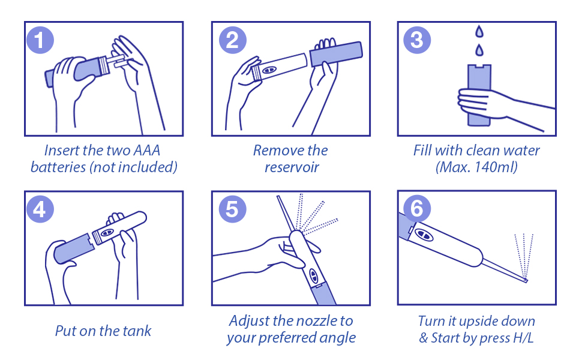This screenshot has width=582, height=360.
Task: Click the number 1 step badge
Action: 40,40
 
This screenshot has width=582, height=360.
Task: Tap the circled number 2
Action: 232,40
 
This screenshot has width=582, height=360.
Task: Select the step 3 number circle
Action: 417,40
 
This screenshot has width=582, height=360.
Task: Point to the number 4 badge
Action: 40,209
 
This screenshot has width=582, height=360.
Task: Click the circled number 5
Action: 232,209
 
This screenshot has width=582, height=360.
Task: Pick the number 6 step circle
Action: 417,209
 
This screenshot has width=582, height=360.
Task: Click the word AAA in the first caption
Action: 146,151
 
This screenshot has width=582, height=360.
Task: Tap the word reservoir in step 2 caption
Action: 292,167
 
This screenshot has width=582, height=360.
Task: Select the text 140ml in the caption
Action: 496,167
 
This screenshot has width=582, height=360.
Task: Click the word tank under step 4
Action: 137,331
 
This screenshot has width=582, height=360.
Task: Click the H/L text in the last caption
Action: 524,338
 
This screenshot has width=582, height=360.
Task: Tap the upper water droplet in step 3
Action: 479,31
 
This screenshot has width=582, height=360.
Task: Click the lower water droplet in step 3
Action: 479,50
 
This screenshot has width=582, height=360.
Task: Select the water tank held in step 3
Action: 479,95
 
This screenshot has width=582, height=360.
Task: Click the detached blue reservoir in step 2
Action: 336,54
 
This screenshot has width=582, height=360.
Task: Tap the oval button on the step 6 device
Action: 424,235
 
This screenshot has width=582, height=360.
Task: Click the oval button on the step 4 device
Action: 107,232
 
